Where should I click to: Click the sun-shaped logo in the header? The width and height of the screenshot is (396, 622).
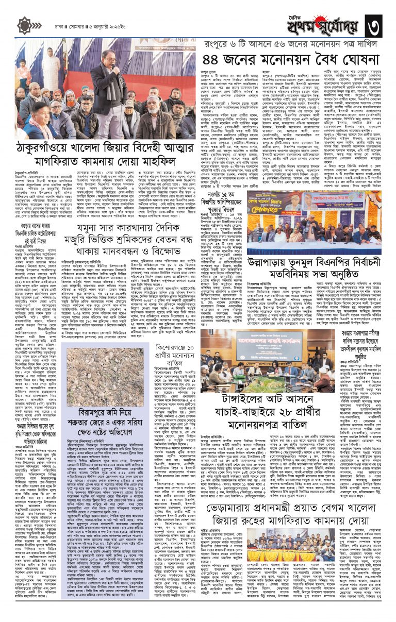tap(25, 25)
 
